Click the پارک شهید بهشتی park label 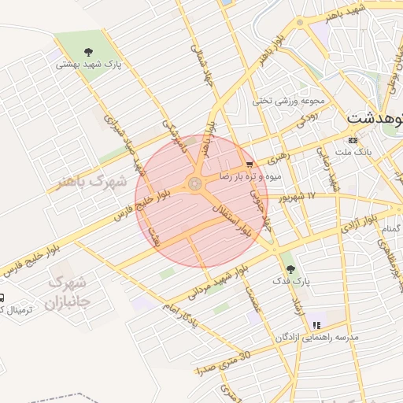click(x=89, y=65)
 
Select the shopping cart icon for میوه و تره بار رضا click(x=250, y=165)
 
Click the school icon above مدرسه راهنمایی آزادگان click(x=316, y=324)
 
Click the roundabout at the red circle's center click(x=193, y=186)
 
